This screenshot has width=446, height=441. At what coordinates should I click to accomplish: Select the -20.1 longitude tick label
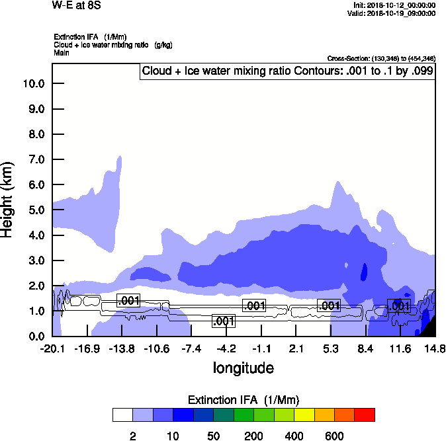pyautogui.click(x=52, y=348)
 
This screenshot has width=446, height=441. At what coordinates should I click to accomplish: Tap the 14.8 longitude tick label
pyautogui.click(x=435, y=348)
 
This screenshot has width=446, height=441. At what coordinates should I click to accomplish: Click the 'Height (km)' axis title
pyautogui.click(x=8, y=199)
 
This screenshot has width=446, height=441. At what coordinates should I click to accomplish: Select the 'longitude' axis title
pyautogui.click(x=243, y=367)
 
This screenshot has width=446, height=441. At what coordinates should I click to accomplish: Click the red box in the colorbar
pyautogui.click(x=365, y=415)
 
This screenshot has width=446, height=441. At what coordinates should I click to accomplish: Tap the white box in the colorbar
pyautogui.click(x=122, y=415)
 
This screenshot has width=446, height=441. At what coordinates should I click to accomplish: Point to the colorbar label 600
pyautogui.click(x=334, y=436)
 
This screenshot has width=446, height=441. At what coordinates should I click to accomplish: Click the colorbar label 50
pyautogui.click(x=213, y=436)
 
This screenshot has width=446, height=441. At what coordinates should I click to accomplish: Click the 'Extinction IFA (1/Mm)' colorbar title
pyautogui.click(x=243, y=400)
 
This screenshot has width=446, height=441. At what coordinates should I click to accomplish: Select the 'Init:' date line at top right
pyautogui.click(x=394, y=5)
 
